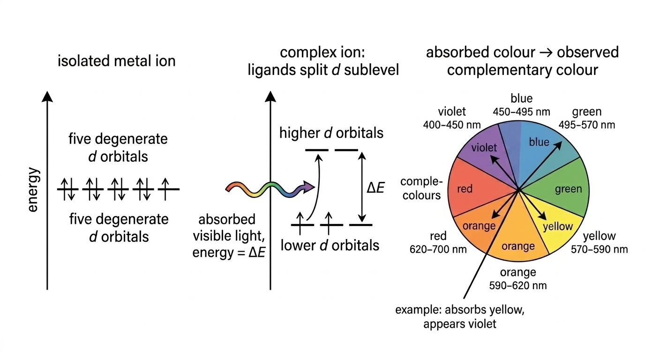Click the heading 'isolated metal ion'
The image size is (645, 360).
tap(117, 61)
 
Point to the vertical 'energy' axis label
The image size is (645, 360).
tap(33, 189)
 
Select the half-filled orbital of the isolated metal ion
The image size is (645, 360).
tap(168, 189)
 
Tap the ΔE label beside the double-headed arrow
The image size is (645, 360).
tap(375, 188)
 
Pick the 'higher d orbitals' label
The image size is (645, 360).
tap(331, 133)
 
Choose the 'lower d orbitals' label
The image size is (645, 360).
tap(330, 245)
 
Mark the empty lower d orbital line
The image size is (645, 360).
tap(361, 225)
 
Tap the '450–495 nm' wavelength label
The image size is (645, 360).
tap(521, 112)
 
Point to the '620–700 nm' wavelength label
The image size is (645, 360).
tap(438, 249)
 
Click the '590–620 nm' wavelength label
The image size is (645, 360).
tap(518, 285)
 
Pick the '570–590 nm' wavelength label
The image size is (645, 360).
tap(600, 249)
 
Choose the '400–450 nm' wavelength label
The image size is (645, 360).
tap(452, 125)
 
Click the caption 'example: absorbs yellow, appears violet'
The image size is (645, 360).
tap(460, 317)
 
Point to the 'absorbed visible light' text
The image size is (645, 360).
tap(229, 227)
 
